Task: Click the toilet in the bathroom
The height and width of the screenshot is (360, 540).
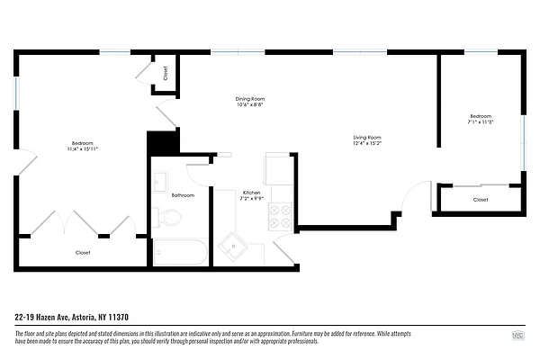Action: [x=168, y=217]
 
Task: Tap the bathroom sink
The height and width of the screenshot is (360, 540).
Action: [x=160, y=180]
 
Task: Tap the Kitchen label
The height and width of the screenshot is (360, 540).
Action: [x=251, y=193]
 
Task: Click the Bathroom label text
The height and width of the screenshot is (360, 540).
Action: [x=184, y=195]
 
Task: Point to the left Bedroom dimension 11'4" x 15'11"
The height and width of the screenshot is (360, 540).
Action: [x=82, y=149]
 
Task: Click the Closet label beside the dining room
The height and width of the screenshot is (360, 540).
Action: [x=166, y=72]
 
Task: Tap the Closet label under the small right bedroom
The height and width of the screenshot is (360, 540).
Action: [x=481, y=199]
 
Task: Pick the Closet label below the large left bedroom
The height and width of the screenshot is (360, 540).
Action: [x=83, y=253]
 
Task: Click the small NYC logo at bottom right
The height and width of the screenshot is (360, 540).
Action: [x=517, y=336]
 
